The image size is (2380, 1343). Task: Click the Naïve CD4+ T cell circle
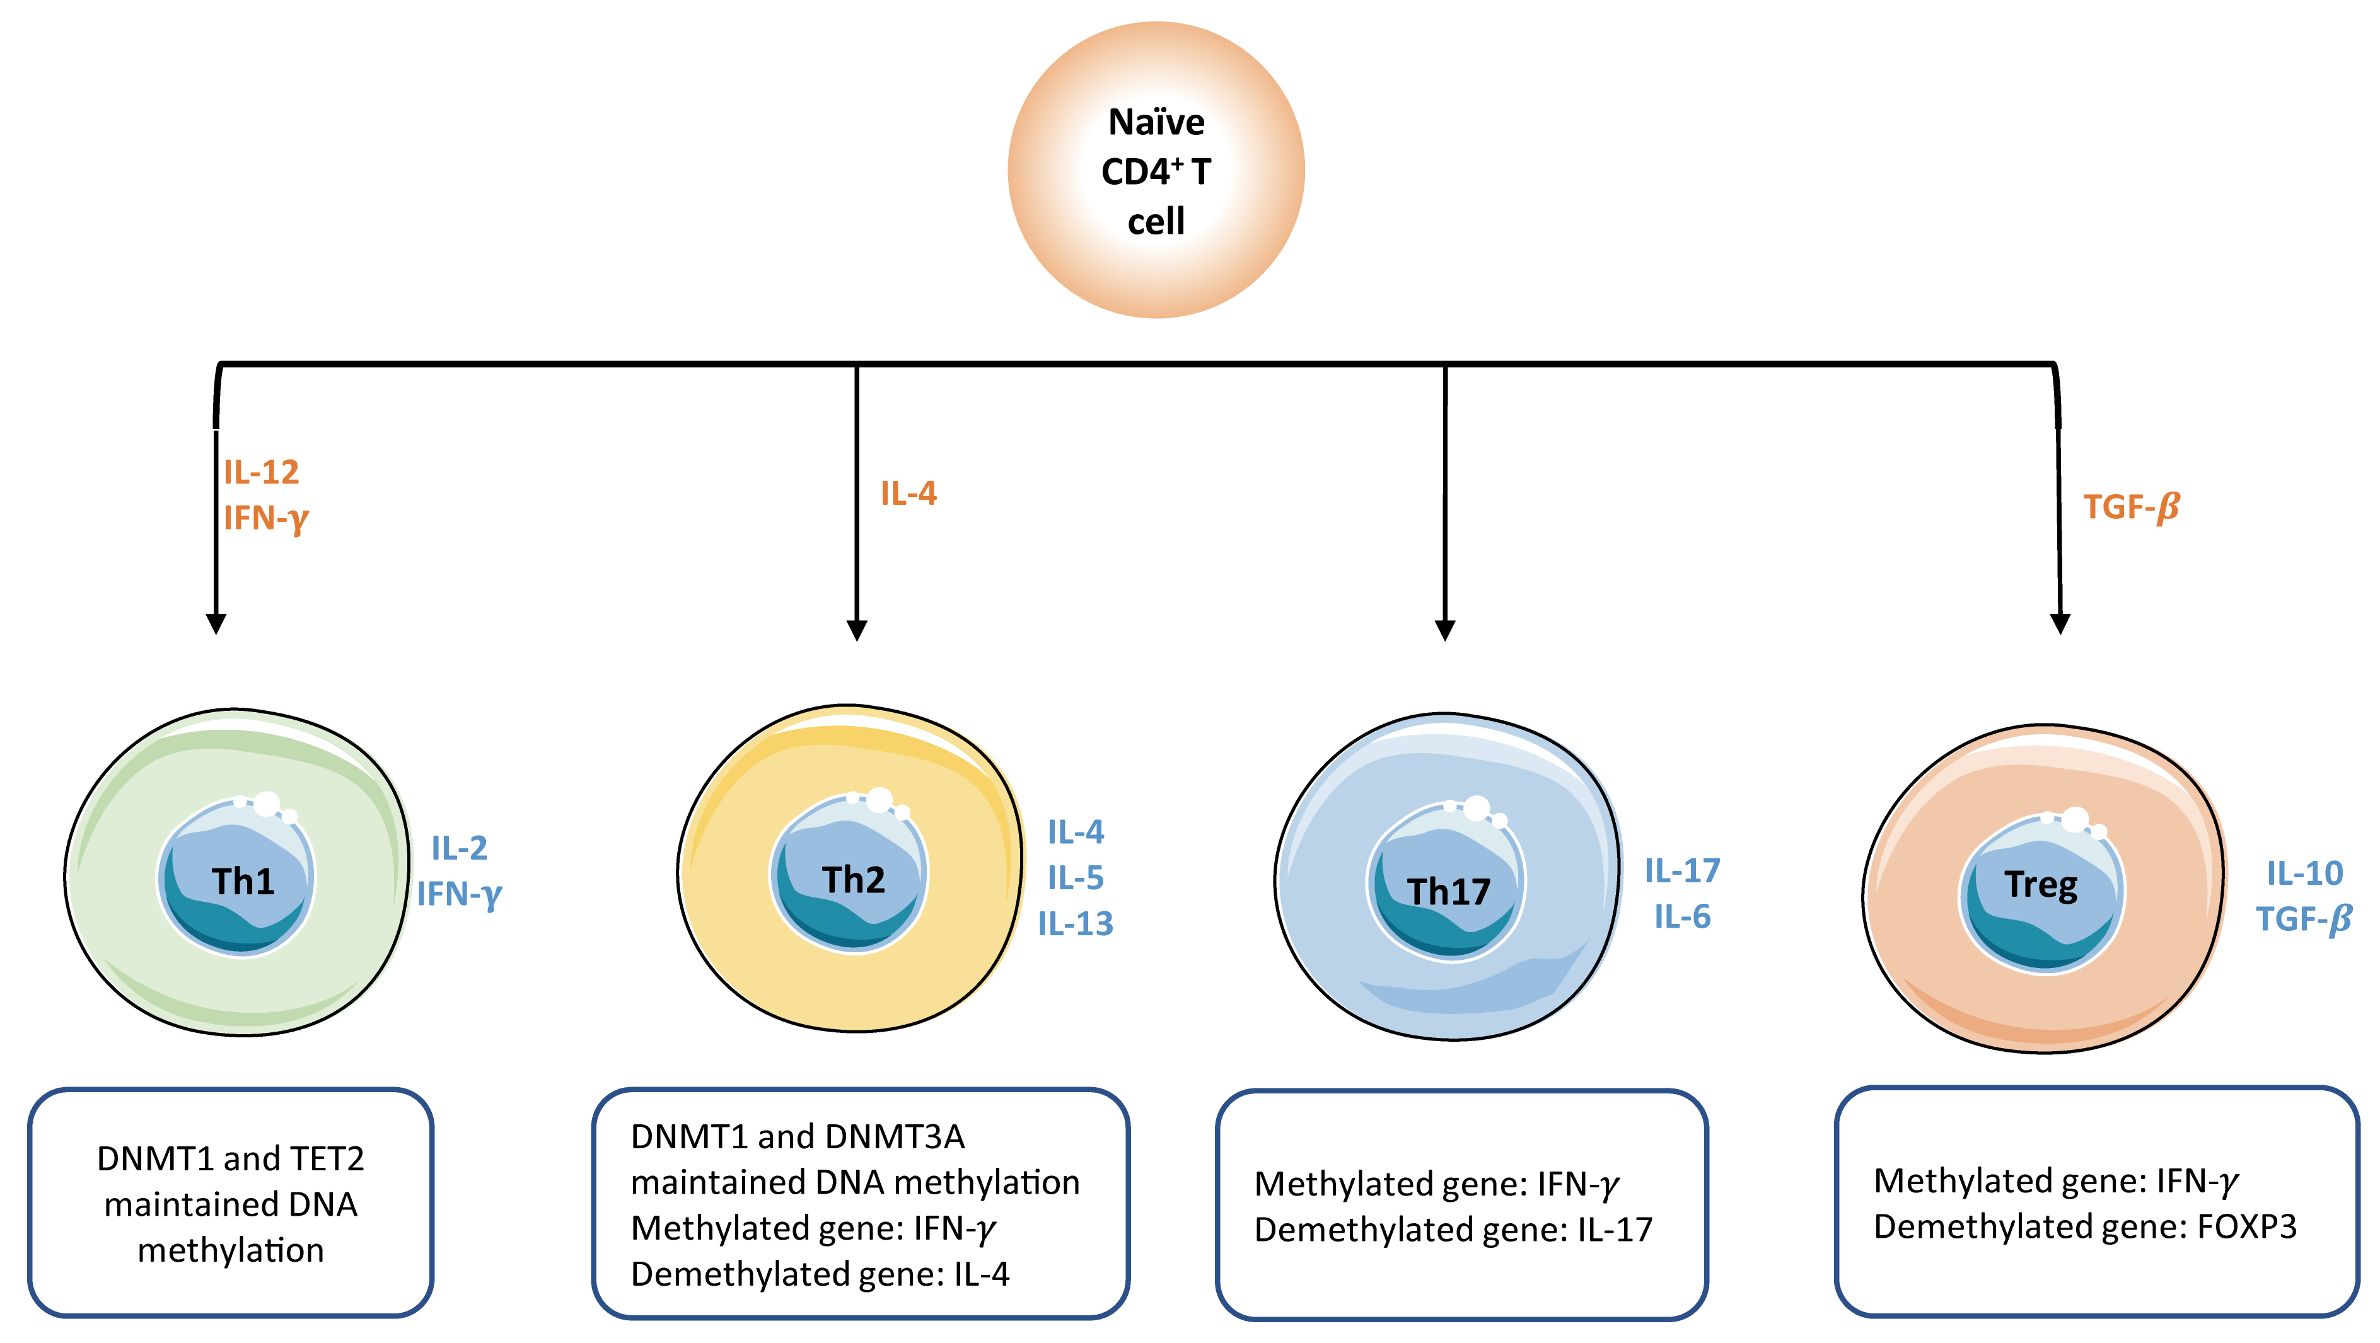tap(1156, 171)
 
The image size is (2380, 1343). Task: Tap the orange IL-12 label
tap(262, 473)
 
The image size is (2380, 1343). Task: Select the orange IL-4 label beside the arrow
tap(908, 493)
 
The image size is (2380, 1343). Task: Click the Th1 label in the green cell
tap(243, 881)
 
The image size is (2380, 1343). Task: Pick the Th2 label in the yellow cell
tap(854, 879)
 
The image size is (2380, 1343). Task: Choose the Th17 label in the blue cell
tap(1449, 891)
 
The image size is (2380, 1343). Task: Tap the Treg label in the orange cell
tap(2041, 885)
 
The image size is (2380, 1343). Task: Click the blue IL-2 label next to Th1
tap(459, 848)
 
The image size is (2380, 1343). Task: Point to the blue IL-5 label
tap(1076, 877)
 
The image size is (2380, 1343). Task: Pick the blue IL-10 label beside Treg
tap(2304, 873)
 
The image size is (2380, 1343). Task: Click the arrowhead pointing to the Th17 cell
tap(1445, 630)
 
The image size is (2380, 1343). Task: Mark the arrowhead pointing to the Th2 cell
tap(856, 630)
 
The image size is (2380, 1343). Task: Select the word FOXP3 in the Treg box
tap(2246, 1226)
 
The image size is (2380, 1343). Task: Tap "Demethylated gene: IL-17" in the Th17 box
tap(1453, 1230)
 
